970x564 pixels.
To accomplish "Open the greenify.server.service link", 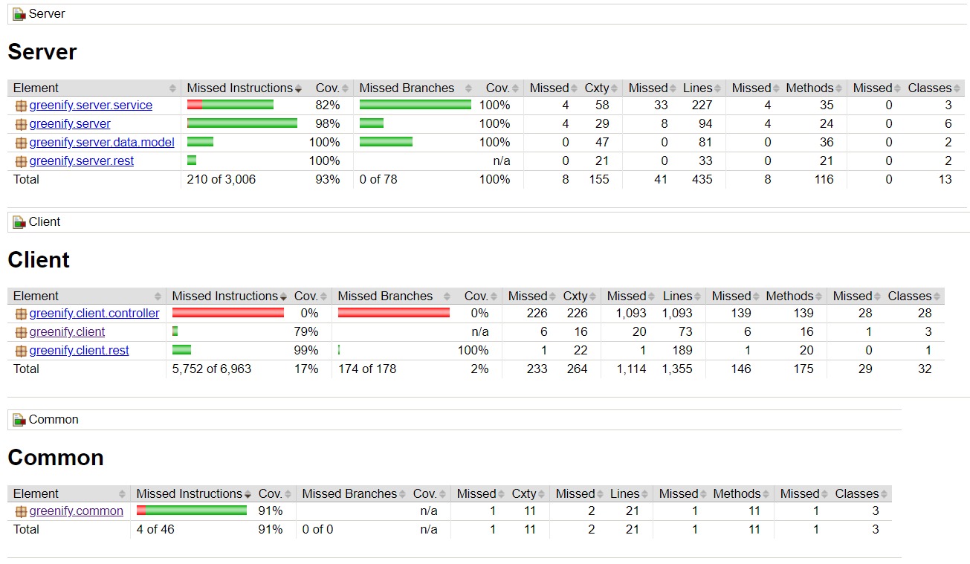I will click(91, 106).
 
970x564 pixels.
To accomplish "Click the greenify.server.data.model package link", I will click(102, 143).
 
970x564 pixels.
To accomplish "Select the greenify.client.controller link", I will click(94, 314).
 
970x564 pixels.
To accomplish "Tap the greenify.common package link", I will click(77, 511).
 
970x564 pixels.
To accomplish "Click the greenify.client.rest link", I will click(79, 351).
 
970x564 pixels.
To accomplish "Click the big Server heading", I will click(42, 52).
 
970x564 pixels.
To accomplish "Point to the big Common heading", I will click(56, 458).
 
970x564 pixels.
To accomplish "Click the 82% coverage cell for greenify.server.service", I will click(327, 106).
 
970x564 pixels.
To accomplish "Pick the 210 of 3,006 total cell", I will click(222, 180).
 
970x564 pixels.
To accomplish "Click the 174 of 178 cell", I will click(367, 369).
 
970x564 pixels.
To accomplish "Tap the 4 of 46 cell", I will click(155, 530).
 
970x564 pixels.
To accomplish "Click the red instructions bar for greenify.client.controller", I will click(228, 314).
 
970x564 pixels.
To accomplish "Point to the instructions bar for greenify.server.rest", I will click(192, 161).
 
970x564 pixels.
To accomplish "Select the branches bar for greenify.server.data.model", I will click(386, 143).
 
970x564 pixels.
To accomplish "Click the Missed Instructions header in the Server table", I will click(239, 88).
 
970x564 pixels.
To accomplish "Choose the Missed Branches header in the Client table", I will click(385, 296).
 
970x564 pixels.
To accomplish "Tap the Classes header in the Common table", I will click(856, 494).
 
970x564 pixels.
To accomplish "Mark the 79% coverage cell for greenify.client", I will click(306, 332).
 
